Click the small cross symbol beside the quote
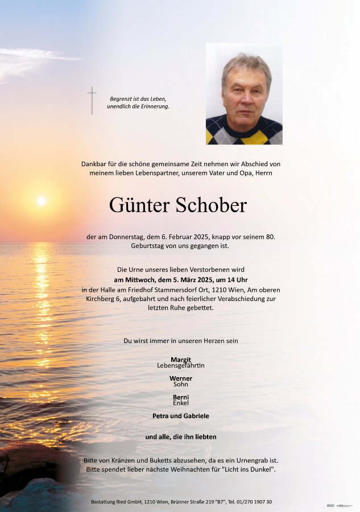[x=92, y=100]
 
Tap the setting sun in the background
[x=41, y=201]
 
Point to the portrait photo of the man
[x=244, y=94]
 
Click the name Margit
[x=181, y=359]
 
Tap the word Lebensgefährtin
[x=181, y=365]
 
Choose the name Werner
[x=181, y=378]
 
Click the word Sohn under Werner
[x=181, y=384]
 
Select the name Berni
[x=181, y=397]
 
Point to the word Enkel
[x=181, y=403]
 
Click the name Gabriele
[x=195, y=416]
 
